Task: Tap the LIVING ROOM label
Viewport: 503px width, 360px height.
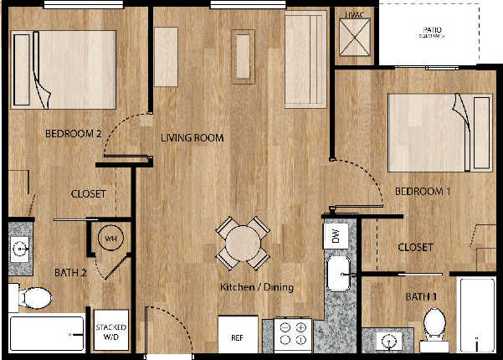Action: [192, 138]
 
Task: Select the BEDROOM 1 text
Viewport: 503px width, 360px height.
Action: [423, 192]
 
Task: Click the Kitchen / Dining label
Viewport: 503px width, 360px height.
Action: [257, 288]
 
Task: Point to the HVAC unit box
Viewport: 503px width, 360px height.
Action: [352, 34]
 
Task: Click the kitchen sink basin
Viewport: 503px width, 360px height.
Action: [338, 274]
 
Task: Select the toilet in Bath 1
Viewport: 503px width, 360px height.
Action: [433, 325]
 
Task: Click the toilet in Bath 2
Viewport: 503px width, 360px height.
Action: [35, 297]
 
